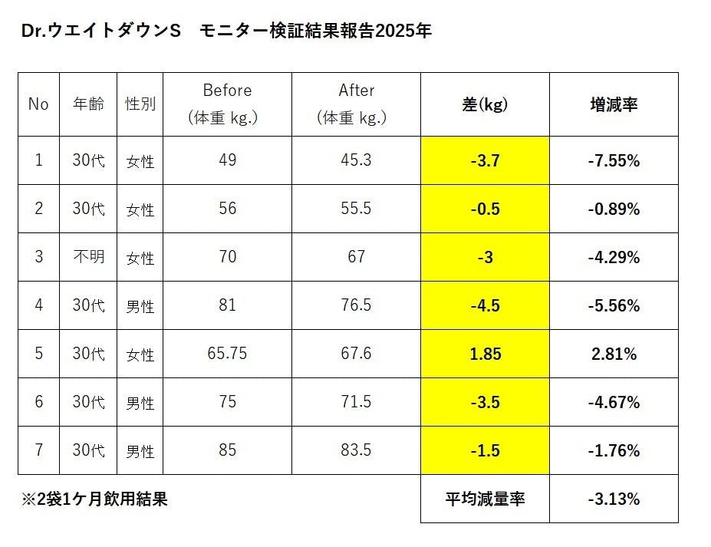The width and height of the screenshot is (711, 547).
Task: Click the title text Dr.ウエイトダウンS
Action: point(100,31)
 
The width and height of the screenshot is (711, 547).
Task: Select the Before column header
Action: point(227,104)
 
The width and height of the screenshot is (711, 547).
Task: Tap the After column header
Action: point(356,104)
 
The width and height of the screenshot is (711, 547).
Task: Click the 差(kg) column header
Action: point(485,105)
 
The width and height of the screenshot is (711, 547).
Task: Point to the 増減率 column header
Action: point(613,105)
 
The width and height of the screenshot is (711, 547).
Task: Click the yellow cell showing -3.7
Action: point(485,161)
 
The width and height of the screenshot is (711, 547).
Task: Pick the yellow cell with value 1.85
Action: point(485,354)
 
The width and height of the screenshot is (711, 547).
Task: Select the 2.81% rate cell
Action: point(613,354)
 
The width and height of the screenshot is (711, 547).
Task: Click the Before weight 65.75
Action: point(227,354)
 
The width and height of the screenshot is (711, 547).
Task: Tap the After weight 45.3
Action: point(356,160)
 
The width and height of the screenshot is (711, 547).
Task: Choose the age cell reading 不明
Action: point(88,257)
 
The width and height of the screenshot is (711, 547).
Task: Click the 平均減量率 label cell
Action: point(485,499)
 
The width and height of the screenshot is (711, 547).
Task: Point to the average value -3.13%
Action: point(613,499)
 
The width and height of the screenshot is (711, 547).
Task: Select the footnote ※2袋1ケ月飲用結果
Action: point(94,499)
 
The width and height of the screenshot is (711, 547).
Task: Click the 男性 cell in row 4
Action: point(140,306)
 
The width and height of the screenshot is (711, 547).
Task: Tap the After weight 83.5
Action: point(356,450)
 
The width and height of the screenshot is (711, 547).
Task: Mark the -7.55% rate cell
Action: point(613,161)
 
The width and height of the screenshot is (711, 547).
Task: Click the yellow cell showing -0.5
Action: point(485,209)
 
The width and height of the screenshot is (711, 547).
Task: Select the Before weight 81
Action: point(227,305)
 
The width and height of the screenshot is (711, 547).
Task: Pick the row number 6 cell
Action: point(38,402)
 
